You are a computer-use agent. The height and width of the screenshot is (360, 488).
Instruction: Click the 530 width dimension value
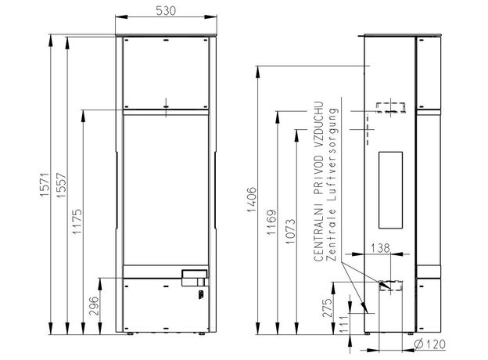[x=166, y=11]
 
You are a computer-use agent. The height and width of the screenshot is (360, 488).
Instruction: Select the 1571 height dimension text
[x=45, y=185]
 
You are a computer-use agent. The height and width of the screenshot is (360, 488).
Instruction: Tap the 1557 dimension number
[x=61, y=185]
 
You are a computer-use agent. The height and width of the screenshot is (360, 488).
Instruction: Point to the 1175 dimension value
[x=77, y=221]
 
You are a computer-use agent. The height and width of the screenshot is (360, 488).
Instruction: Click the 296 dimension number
[x=94, y=306]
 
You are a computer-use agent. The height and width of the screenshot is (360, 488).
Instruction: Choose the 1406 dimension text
[x=251, y=200]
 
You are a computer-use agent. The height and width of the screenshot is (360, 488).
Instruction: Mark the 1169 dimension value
[x=271, y=222]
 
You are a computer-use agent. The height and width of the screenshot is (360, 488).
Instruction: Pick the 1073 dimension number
[x=289, y=232]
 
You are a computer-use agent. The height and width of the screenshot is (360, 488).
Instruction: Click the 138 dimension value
[x=380, y=248]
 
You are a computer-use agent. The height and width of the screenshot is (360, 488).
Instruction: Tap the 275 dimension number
[x=327, y=308]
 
